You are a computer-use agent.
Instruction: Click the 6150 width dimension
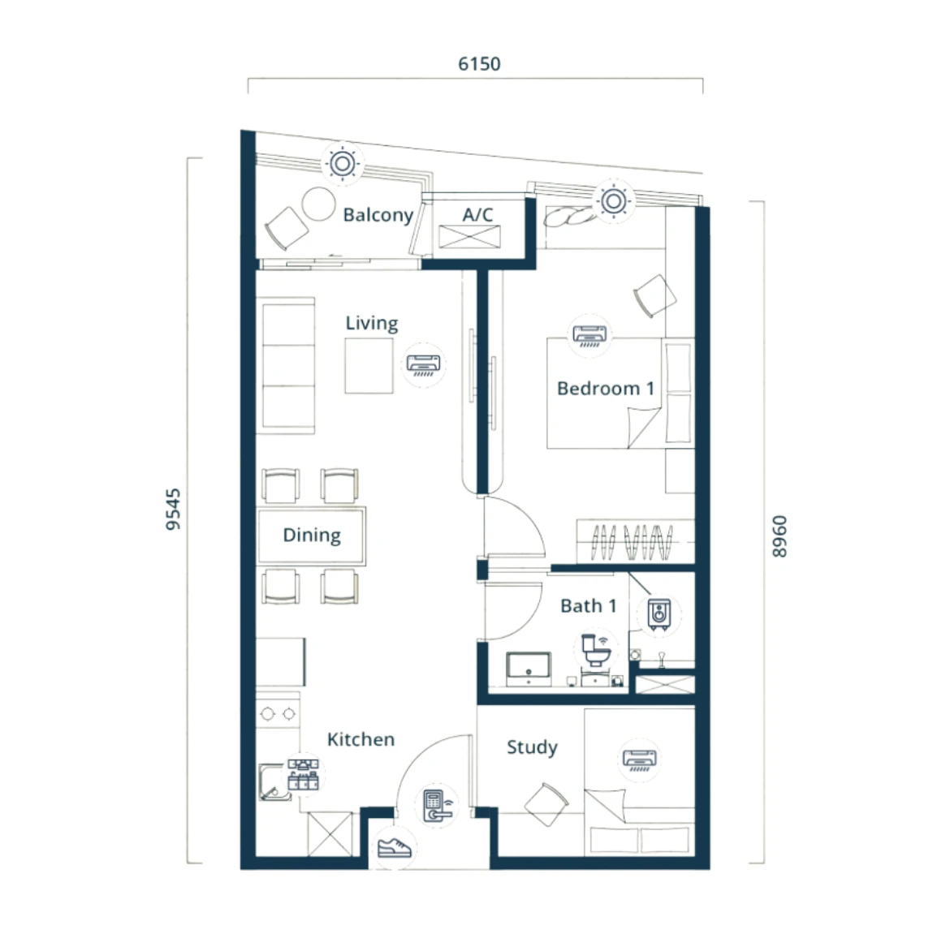(x=479, y=63)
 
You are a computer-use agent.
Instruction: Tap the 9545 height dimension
(x=173, y=510)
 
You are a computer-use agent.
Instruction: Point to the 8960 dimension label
(x=779, y=536)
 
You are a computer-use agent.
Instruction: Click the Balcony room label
(x=378, y=215)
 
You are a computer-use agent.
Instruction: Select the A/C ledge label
(x=477, y=214)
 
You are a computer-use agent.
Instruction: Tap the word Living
(x=372, y=323)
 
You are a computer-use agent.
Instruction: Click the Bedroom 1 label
(x=605, y=388)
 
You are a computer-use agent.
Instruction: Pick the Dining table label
(x=312, y=535)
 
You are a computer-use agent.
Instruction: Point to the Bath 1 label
(x=588, y=605)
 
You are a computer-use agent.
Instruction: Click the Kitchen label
(x=361, y=739)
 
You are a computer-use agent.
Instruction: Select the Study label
(x=532, y=747)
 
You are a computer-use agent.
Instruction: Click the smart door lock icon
(x=437, y=806)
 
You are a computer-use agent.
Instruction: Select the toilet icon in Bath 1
(x=595, y=650)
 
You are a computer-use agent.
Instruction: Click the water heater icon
(x=659, y=614)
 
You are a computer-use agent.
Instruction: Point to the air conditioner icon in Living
(x=423, y=365)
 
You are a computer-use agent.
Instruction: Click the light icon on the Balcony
(x=343, y=163)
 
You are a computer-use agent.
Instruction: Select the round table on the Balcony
(x=318, y=204)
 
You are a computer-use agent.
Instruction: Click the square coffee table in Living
(x=369, y=366)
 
